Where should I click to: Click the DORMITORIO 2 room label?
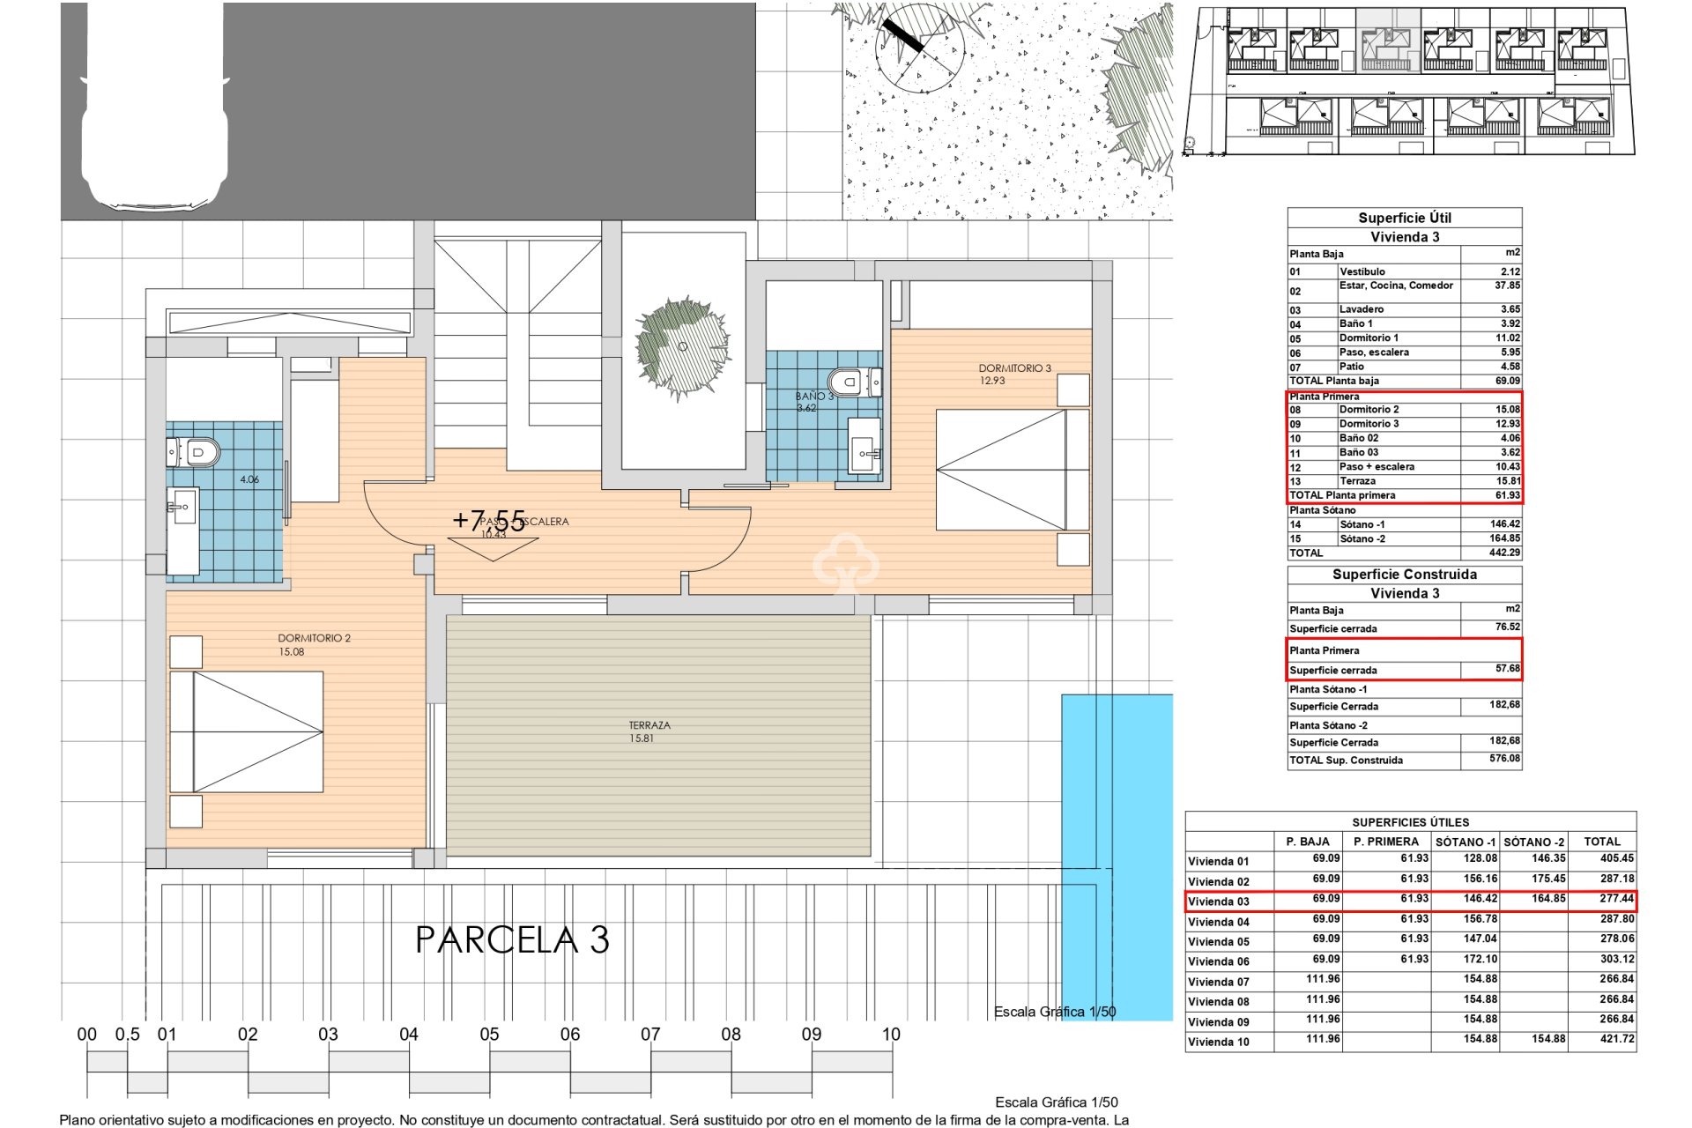pyautogui.click(x=314, y=638)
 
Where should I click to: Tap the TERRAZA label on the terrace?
pyautogui.click(x=649, y=725)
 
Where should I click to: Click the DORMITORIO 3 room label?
pyautogui.click(x=1014, y=368)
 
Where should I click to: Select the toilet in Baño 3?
pyautogui.click(x=854, y=382)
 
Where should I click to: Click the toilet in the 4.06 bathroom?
pyautogui.click(x=195, y=452)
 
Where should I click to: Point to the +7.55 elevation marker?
pyautogui.click(x=488, y=519)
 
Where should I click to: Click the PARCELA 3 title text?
pyautogui.click(x=512, y=940)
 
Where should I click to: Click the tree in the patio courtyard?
pyautogui.click(x=683, y=345)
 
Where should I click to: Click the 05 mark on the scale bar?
pyautogui.click(x=489, y=1035)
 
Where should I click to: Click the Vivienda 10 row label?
pyautogui.click(x=1218, y=1042)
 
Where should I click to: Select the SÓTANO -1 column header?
pyautogui.click(x=1465, y=842)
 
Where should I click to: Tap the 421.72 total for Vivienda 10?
pyautogui.click(x=1616, y=1039)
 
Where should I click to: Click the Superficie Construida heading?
pyautogui.click(x=1404, y=575)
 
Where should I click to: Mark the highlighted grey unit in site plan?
pyautogui.click(x=1386, y=41)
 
